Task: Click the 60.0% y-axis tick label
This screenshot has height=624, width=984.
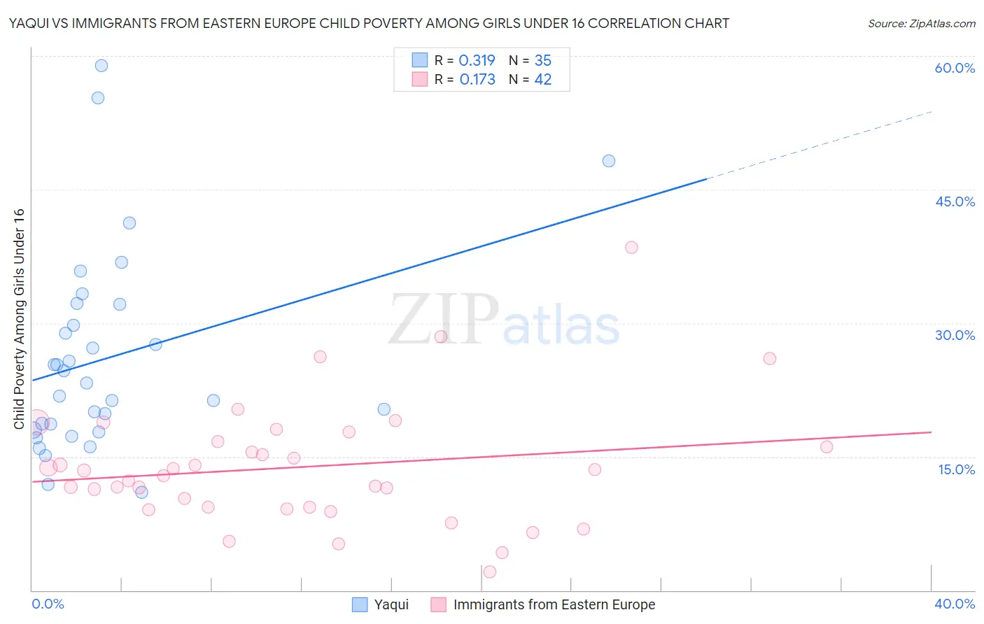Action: click(x=955, y=68)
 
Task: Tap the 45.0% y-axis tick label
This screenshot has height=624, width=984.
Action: click(x=955, y=201)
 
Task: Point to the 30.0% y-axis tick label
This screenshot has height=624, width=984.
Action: click(x=955, y=335)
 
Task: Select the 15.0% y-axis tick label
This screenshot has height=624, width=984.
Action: click(x=956, y=469)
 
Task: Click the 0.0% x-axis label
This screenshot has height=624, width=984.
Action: click(x=48, y=604)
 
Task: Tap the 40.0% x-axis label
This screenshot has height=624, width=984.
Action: click(x=955, y=604)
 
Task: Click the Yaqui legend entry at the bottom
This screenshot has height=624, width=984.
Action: click(x=391, y=604)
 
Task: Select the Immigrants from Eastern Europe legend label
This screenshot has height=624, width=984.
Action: click(x=554, y=604)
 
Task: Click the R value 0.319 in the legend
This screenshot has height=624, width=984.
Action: click(x=477, y=60)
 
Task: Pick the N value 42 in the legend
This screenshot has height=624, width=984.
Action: click(x=543, y=79)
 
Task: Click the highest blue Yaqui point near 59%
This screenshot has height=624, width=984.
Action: click(x=101, y=66)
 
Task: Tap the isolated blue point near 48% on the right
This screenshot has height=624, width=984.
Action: click(x=609, y=161)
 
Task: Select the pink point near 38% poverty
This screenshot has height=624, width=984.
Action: click(x=631, y=247)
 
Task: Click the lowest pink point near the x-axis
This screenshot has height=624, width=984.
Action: click(x=490, y=572)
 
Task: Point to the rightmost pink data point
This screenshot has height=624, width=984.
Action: click(x=827, y=447)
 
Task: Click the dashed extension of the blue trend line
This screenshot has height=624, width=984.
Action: click(x=819, y=145)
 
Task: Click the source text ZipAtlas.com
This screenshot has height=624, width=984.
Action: click(x=921, y=24)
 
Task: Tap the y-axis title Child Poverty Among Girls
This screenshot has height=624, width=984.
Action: click(x=19, y=319)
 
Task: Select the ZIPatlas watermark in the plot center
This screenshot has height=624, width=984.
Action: click(x=504, y=320)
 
